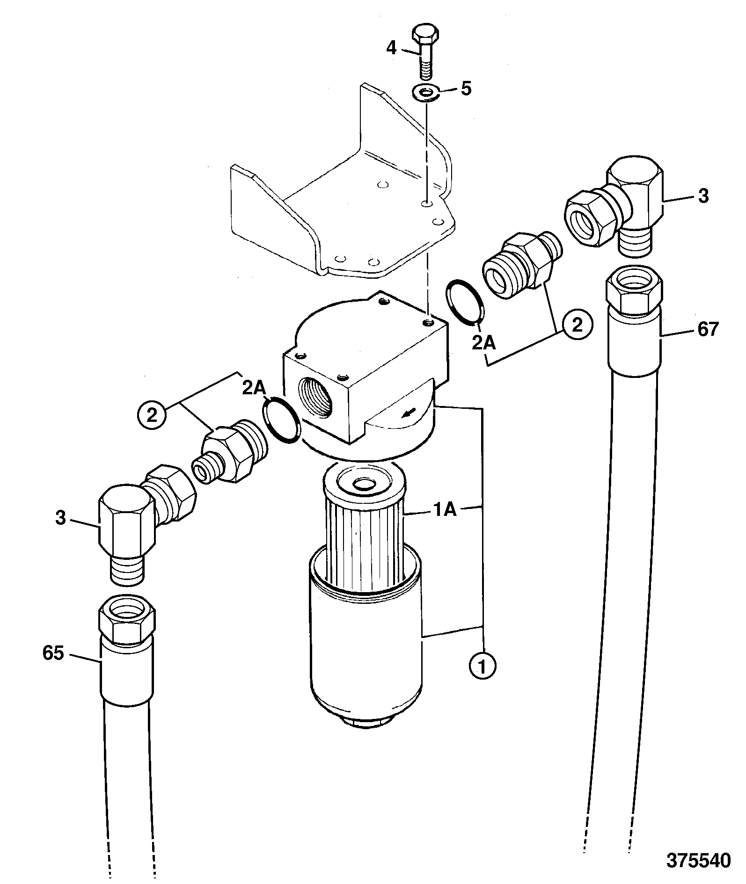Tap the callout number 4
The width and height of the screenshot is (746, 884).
click(x=392, y=47)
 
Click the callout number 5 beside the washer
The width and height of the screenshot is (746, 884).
click(x=466, y=89)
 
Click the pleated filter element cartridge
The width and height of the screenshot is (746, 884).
click(x=363, y=529)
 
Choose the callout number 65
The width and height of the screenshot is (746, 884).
click(x=53, y=653)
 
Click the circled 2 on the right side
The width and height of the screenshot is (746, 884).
click(x=578, y=325)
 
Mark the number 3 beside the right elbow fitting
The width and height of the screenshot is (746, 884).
click(x=703, y=196)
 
